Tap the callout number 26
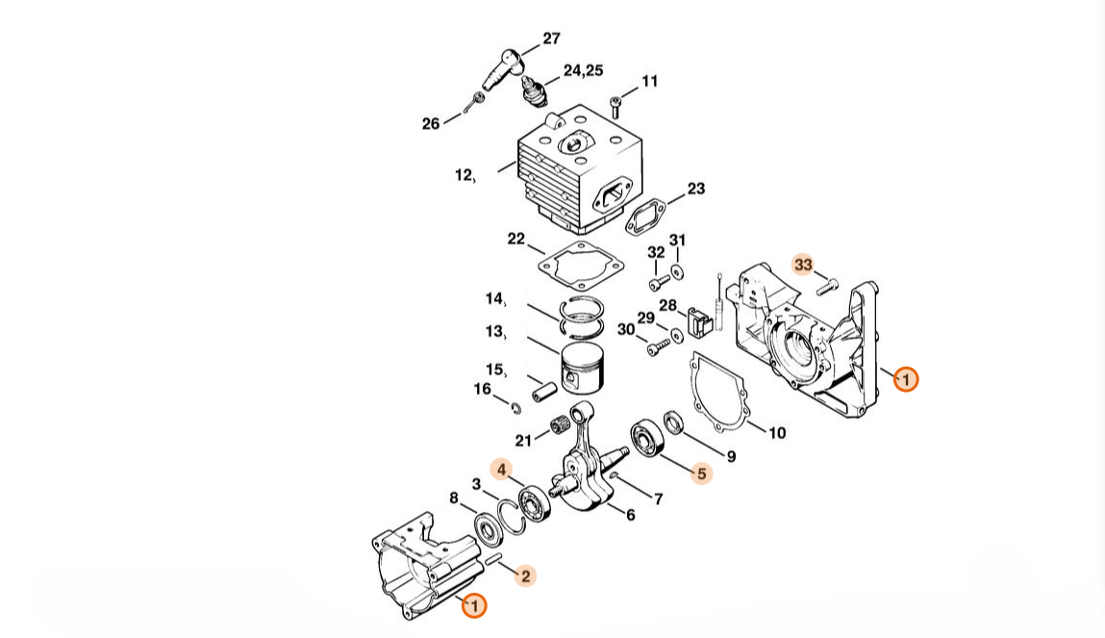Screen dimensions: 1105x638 coord(431,124)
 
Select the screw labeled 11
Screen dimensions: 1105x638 coord(615,107)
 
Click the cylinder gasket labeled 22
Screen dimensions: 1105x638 coord(582,265)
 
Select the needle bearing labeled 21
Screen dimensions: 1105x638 coord(561,428)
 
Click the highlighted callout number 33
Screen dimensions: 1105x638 coord(803,265)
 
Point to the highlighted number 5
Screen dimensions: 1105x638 coord(701,473)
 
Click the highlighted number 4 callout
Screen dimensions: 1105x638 coord(502,470)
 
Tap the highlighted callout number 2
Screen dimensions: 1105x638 coord(525,576)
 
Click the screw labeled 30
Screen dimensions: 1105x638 coord(660,346)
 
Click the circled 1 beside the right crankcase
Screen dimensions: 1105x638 coord(906,379)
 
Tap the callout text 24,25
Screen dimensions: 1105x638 coord(583,70)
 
